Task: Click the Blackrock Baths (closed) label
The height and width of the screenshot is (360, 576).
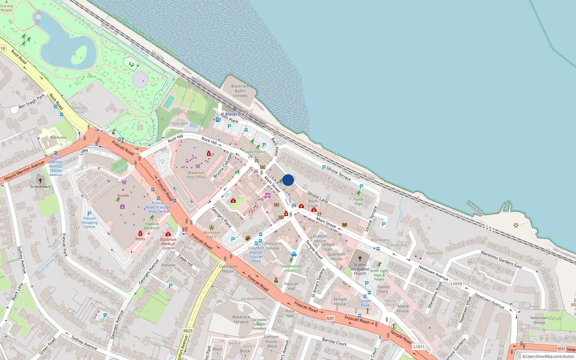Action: (240, 91)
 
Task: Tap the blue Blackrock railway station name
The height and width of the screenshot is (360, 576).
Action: (235, 114)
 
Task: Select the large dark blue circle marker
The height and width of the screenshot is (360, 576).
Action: (288, 180)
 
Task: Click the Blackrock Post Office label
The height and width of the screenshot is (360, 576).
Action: (196, 175)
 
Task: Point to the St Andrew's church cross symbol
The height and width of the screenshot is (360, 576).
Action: (40, 181)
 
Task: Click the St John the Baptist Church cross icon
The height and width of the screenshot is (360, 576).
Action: (360, 258)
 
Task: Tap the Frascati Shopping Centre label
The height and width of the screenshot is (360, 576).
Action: (89, 222)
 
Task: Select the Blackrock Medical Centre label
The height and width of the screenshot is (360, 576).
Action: (168, 244)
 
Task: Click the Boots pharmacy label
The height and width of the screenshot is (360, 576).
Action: (140, 239)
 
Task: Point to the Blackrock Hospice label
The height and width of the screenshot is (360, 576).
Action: (241, 319)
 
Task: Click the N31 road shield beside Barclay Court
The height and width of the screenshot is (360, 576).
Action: (330, 318)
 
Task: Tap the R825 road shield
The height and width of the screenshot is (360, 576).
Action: (188, 330)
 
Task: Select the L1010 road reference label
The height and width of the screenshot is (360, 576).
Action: (456, 284)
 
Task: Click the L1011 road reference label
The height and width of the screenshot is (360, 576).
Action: (419, 347)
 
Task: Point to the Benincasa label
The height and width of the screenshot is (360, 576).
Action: (58, 138)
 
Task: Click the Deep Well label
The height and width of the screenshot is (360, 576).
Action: (179, 123)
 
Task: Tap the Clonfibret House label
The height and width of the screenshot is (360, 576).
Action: (228, 269)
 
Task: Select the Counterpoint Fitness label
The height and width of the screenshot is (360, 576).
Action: (291, 268)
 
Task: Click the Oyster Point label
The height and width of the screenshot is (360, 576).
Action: (383, 289)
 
